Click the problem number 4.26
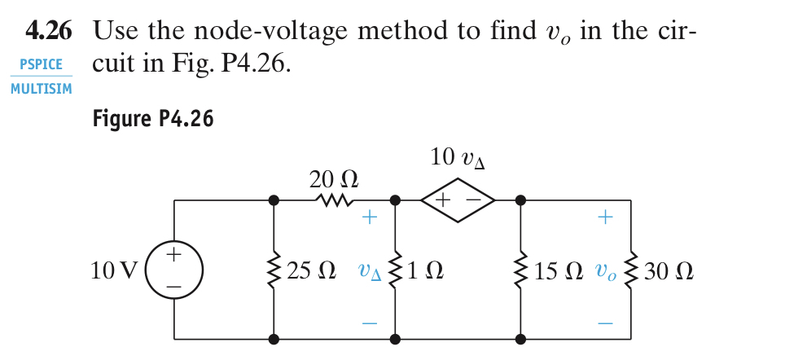[x=48, y=32]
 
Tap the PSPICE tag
[x=41, y=64]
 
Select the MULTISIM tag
[x=41, y=89]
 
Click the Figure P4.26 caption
[x=153, y=120]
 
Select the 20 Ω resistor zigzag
[x=335, y=200]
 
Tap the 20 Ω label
[x=334, y=178]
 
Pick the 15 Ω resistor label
[x=558, y=270]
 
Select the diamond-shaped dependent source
[x=458, y=200]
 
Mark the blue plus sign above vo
[x=604, y=217]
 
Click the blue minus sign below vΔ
[x=370, y=323]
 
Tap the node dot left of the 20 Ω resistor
[x=274, y=200]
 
